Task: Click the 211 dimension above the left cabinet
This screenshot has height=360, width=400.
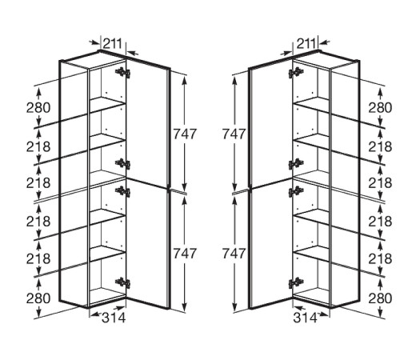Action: point(112,43)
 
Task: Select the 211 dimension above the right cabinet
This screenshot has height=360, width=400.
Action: point(306,43)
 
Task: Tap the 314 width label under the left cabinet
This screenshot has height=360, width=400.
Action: point(114,318)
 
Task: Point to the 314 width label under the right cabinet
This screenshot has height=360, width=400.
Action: point(305,318)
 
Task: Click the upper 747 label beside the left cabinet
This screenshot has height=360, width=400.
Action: point(185,134)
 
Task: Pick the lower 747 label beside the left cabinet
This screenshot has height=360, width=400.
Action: point(185,254)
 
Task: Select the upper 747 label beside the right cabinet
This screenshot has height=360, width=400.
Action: point(234,134)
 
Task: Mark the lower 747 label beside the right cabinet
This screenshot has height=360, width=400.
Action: point(234,254)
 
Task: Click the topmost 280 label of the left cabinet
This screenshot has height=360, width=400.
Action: point(38,108)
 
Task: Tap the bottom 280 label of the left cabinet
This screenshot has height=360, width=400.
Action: point(38,298)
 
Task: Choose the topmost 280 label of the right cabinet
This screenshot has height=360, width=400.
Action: point(380,108)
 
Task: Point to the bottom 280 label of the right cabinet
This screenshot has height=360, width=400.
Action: point(380,298)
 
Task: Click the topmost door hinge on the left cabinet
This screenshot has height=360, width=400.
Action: point(122,72)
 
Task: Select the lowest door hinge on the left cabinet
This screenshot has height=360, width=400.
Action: point(122,282)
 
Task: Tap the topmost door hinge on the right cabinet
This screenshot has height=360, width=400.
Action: point(296,72)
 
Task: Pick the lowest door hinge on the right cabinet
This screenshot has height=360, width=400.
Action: point(296,282)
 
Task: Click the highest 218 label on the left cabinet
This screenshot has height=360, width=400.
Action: point(38,146)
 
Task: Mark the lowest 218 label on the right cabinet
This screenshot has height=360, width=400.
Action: point(380,258)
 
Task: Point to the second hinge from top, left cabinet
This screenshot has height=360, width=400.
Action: point(122,164)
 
